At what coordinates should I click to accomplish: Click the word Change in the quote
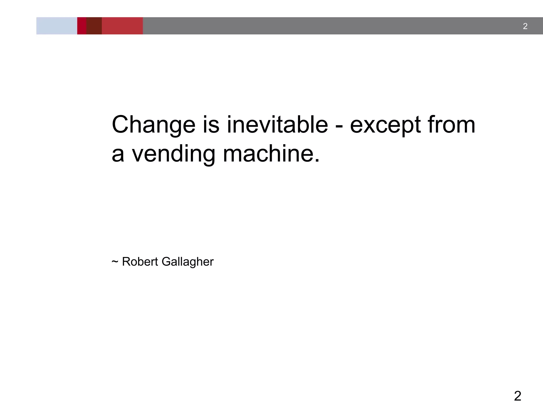pos(154,125)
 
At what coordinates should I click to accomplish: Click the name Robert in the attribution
pos(140,262)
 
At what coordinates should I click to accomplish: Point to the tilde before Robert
pos(115,262)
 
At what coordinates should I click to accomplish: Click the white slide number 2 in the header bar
pos(525,26)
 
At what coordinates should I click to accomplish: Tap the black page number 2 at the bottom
pos(518,396)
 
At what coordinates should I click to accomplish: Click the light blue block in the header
pos(57,26)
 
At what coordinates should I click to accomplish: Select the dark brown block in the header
pos(94,26)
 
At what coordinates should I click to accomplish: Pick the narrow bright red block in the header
pos(82,26)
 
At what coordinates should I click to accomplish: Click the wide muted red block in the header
pos(122,26)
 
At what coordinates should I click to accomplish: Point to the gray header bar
pos(318,26)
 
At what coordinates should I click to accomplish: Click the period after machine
pos(317,161)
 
